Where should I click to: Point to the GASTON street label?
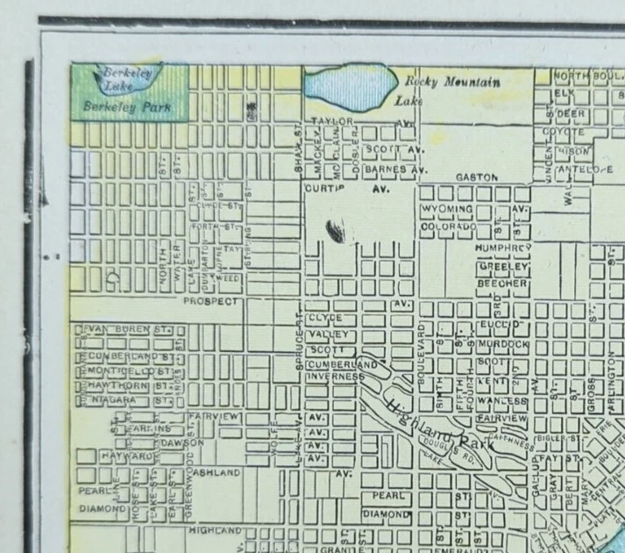(476, 176)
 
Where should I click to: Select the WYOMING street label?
(447, 210)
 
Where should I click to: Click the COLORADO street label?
(448, 226)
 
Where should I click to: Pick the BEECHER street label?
(502, 284)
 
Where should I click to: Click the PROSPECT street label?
(210, 301)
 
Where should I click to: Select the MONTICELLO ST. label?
(128, 371)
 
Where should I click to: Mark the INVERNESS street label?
(334, 377)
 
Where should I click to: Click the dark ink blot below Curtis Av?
(335, 231)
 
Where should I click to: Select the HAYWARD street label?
(126, 457)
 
